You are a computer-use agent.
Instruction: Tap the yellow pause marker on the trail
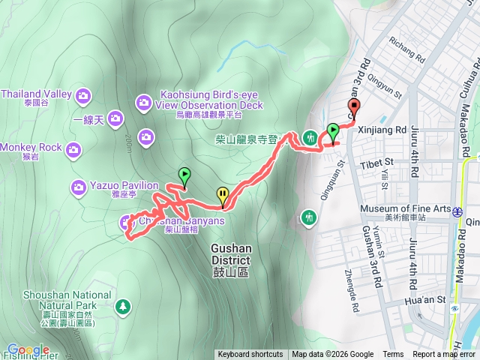point(223,195)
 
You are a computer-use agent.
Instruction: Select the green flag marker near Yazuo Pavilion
point(184,175)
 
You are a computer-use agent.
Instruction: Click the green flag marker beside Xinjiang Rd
point(332,132)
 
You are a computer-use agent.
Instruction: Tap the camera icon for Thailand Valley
point(82,94)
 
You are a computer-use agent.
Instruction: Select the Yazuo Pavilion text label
point(124,185)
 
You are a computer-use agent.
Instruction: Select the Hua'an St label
point(426,295)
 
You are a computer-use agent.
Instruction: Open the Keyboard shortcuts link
point(250,355)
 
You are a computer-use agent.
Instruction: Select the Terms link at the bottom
point(393,355)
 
